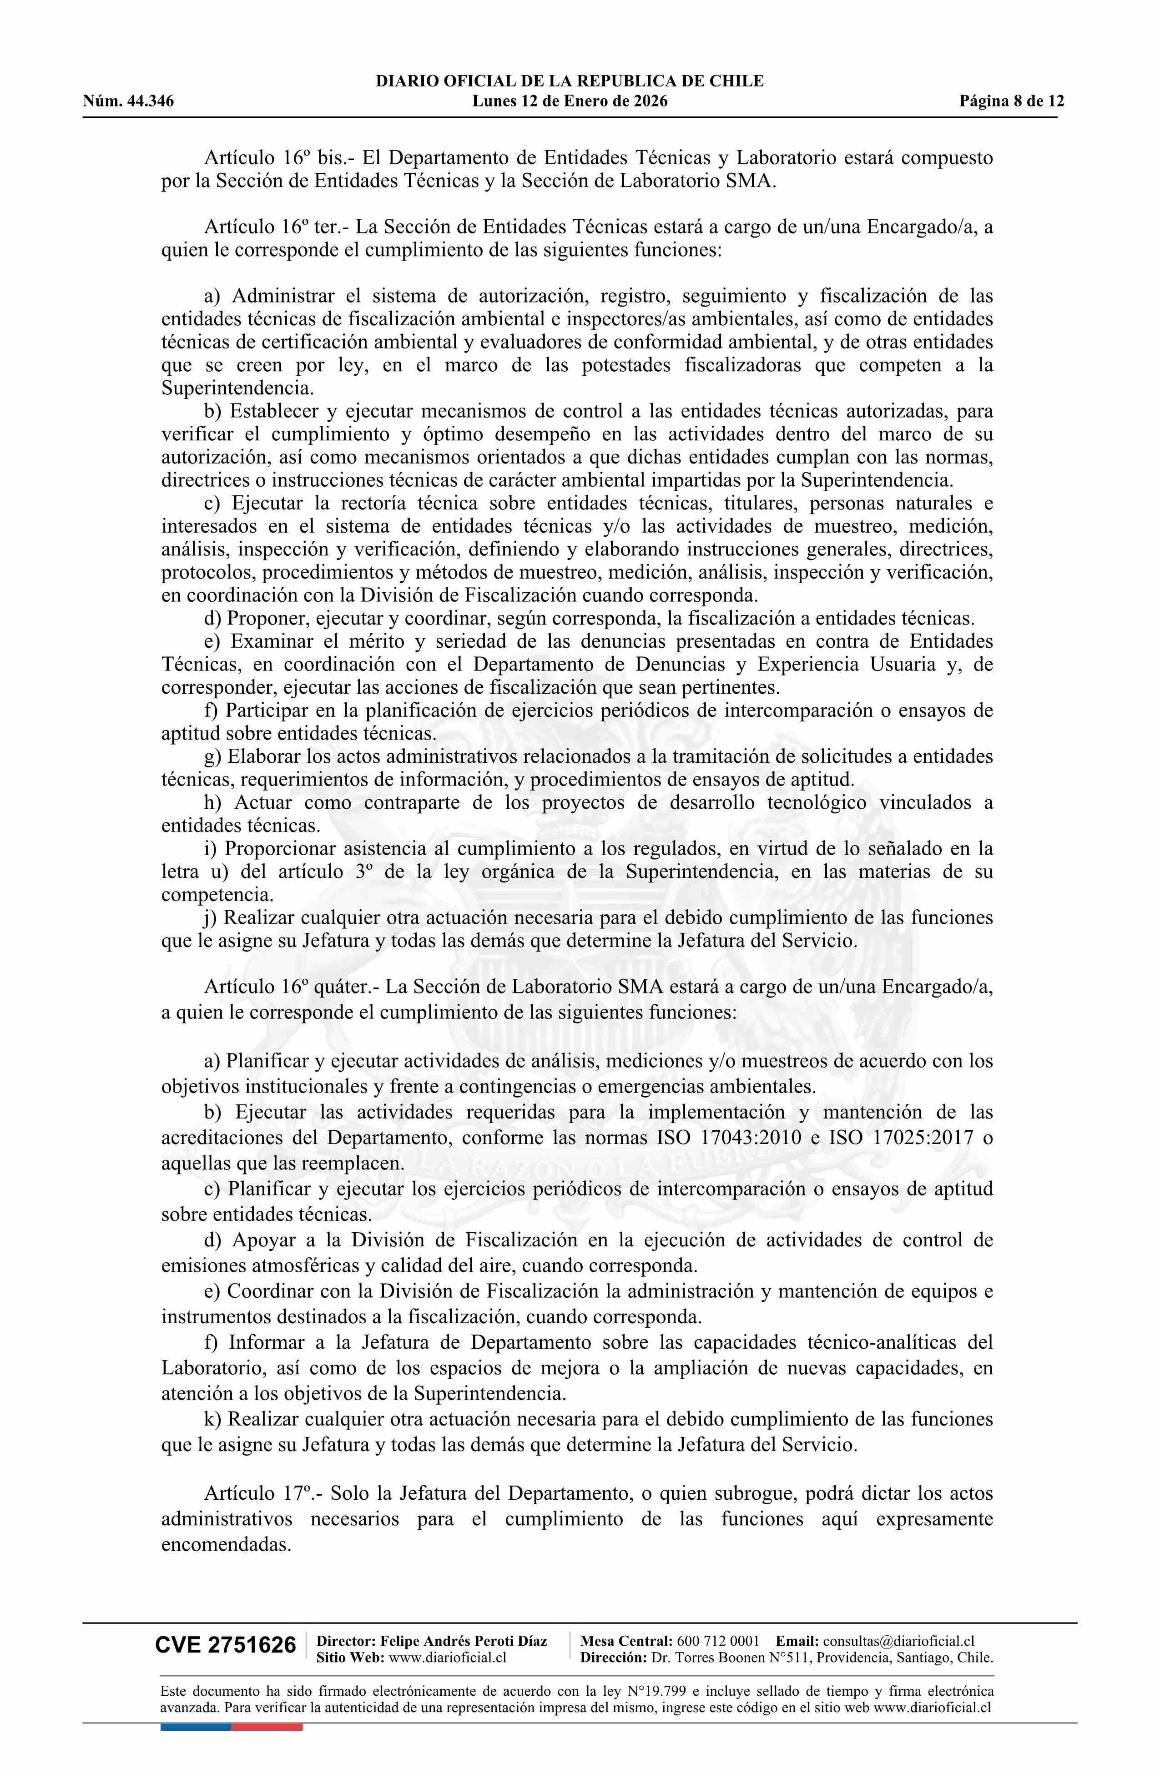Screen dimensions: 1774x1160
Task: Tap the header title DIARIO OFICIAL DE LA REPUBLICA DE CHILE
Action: (x=570, y=81)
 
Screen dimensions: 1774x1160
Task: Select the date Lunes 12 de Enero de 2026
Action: (x=570, y=101)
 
